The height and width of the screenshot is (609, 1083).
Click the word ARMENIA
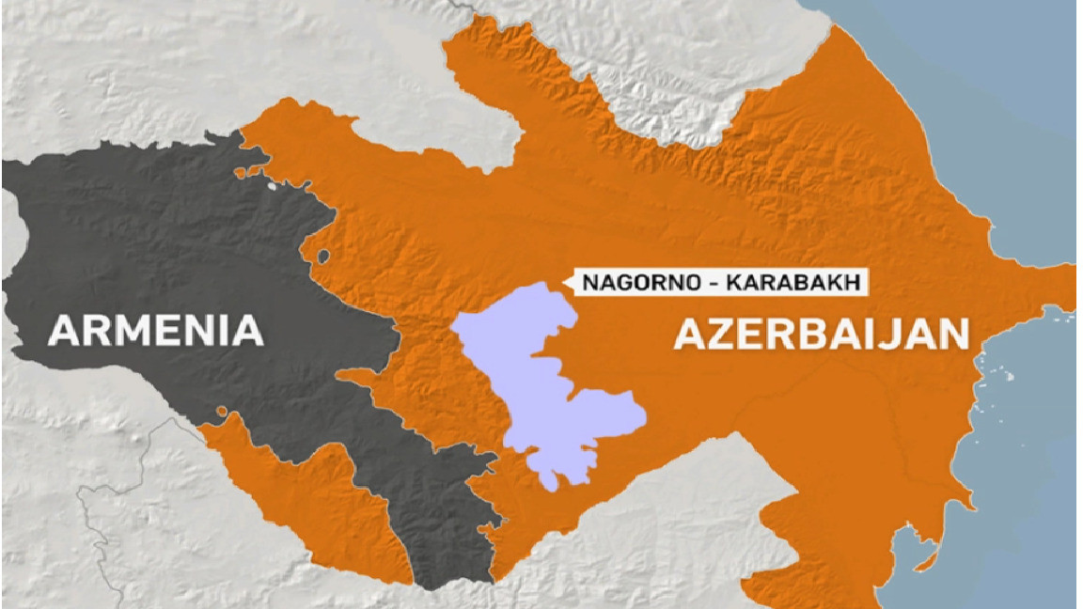(x=155, y=331)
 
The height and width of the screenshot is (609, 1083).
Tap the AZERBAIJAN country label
(x=821, y=334)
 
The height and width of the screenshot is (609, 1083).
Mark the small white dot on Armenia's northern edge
(x=273, y=185)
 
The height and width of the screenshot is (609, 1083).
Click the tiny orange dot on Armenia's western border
(x=222, y=411)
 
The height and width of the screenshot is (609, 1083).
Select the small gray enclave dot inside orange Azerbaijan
(x=323, y=256)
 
